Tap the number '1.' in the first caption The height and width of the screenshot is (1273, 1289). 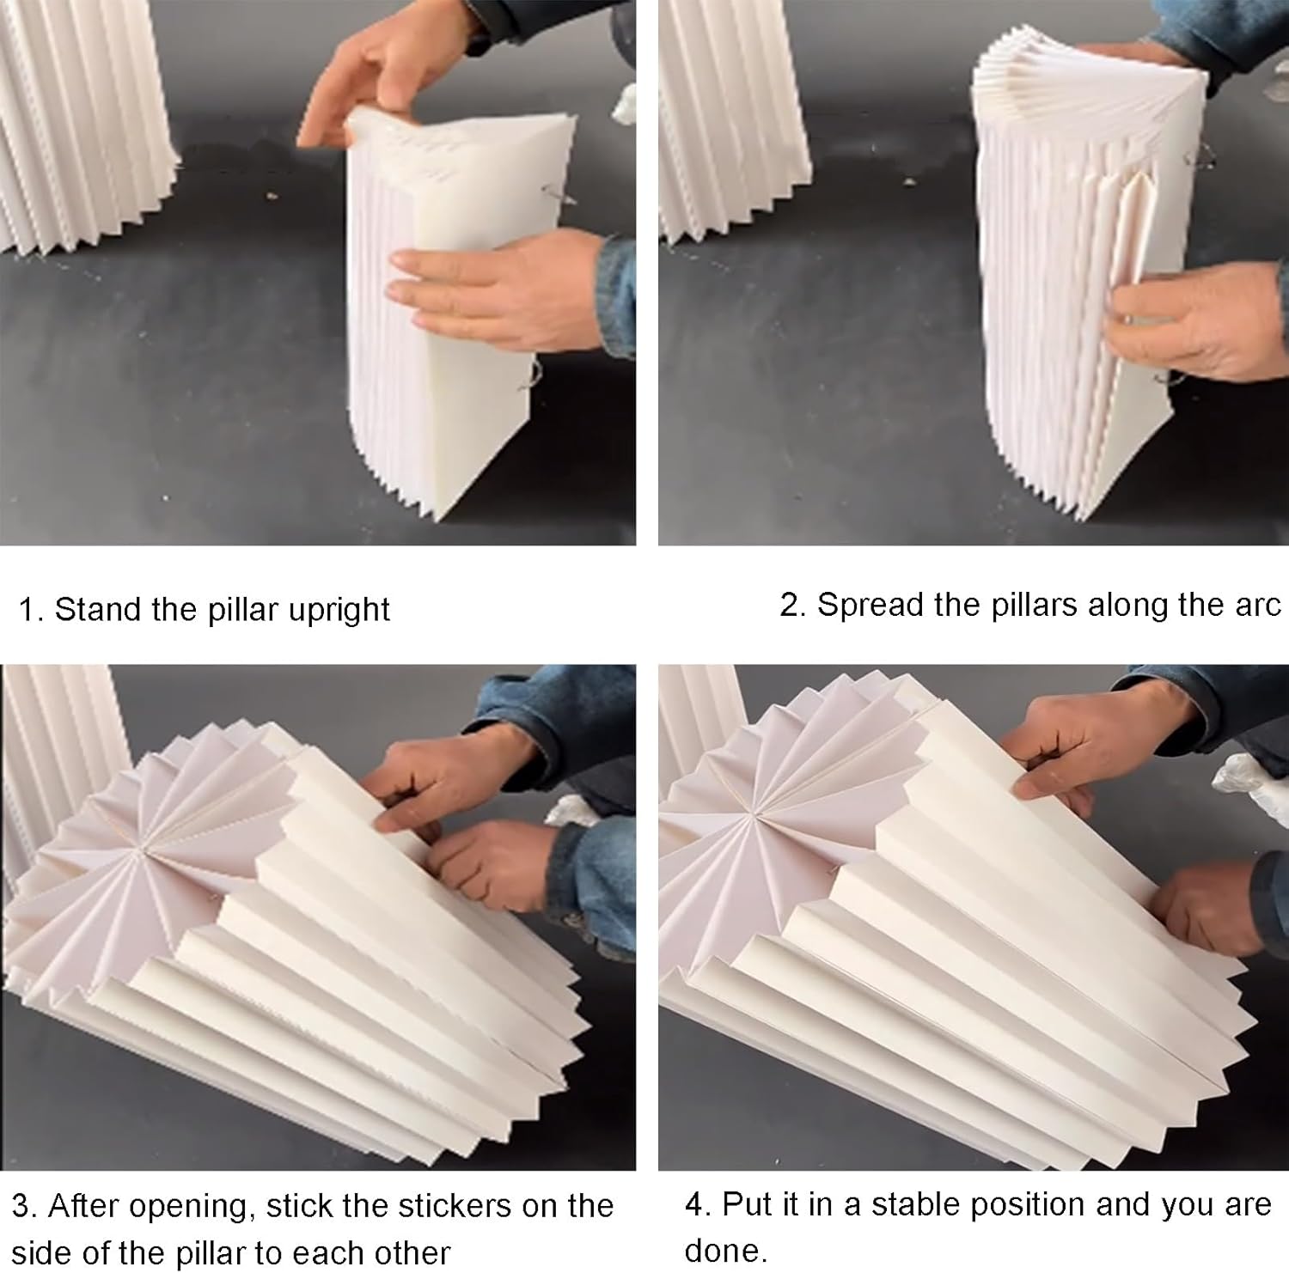pyautogui.click(x=32, y=610)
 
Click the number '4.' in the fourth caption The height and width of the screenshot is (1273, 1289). pyautogui.click(x=699, y=1204)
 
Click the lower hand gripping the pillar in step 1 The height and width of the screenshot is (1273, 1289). pyautogui.click(x=498, y=292)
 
